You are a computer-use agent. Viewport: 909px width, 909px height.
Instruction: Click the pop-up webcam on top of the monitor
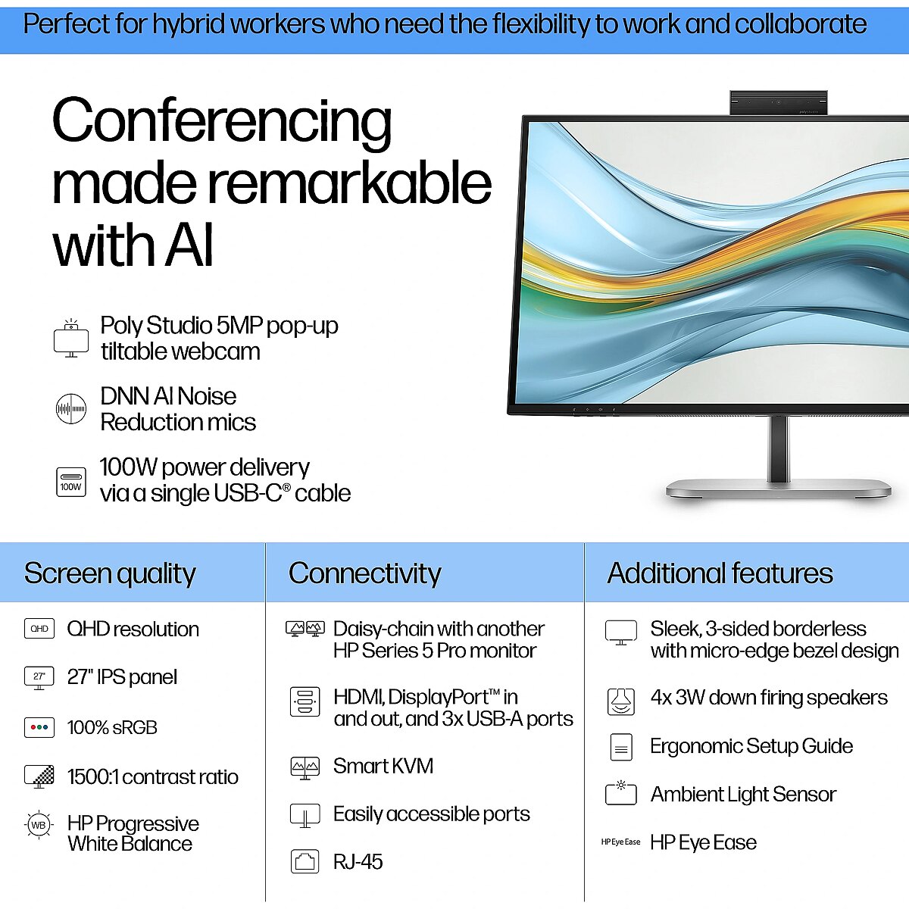(x=779, y=102)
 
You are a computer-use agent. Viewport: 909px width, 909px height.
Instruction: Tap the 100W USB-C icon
(x=71, y=482)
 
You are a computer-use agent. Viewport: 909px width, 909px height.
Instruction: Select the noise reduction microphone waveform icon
(x=71, y=408)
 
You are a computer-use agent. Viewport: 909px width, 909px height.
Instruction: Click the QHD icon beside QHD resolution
(x=39, y=628)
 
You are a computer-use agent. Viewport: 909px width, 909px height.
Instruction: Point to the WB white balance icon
(x=39, y=825)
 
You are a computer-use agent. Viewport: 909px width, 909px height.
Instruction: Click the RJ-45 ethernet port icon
(x=305, y=861)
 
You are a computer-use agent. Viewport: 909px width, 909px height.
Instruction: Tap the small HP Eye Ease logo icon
(x=620, y=842)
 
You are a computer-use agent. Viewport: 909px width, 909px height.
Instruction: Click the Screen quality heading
(x=110, y=573)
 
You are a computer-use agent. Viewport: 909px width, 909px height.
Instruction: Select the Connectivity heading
(x=364, y=573)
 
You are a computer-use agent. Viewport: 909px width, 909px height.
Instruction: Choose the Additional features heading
(x=720, y=573)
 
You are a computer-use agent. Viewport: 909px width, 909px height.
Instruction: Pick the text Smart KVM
(x=383, y=766)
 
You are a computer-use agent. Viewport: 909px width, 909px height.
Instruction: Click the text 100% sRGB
(x=112, y=727)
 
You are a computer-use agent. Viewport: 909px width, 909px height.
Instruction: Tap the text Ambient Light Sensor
(x=743, y=795)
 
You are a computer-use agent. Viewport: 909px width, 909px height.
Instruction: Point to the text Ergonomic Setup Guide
(x=751, y=746)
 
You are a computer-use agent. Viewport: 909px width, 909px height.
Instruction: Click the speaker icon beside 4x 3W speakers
(x=621, y=701)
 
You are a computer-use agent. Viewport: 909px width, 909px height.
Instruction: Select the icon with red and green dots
(x=39, y=727)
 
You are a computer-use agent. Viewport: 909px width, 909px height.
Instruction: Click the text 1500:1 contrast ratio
(x=153, y=777)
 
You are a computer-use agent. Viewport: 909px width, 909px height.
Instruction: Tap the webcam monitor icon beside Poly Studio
(x=71, y=338)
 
